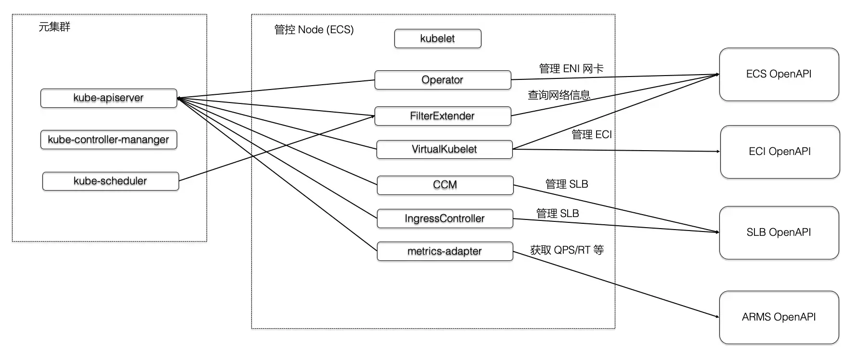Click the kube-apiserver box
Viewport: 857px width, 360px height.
(109, 98)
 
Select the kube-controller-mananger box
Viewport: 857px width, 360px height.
(109, 140)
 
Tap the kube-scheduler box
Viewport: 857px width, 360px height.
(111, 181)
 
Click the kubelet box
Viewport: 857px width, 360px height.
(438, 39)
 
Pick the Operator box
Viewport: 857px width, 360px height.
(443, 80)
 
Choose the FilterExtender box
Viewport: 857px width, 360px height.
(443, 116)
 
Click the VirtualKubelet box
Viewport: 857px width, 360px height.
(444, 149)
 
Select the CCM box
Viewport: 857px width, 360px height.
(445, 185)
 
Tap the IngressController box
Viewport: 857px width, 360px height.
(445, 219)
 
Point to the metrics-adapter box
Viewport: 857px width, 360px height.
(445, 251)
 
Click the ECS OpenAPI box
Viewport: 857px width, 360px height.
(779, 74)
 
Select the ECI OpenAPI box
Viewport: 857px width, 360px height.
(780, 152)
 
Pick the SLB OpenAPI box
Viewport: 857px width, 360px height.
(779, 233)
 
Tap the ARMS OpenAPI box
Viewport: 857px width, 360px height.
(779, 318)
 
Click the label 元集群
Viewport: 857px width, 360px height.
(54, 27)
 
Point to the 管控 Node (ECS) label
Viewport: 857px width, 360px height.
(314, 30)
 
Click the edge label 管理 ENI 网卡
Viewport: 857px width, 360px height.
(571, 69)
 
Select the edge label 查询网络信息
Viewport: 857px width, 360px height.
(559, 95)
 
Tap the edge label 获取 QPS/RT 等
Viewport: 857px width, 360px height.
(567, 250)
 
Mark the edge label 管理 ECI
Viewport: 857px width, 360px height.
(592, 135)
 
